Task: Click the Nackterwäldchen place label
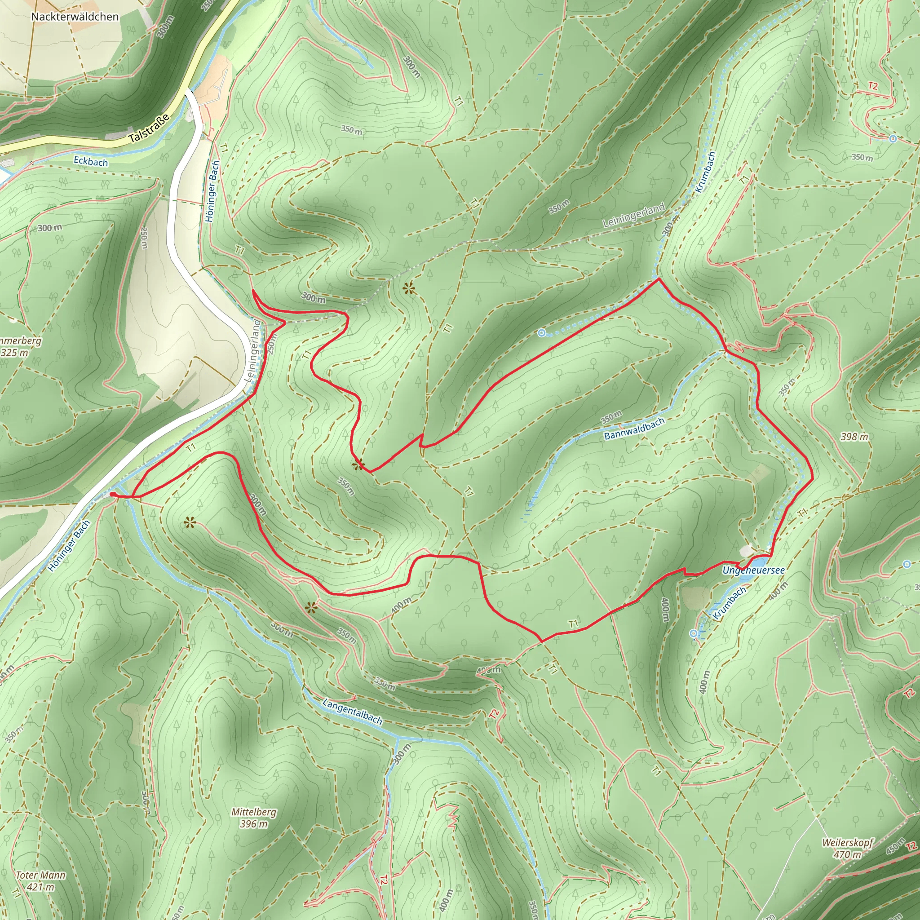75,17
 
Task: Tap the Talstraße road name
149,128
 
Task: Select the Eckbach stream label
90,162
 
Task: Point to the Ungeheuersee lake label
753,570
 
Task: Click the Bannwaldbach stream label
634,429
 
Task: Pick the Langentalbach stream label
352,712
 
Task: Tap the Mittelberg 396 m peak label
254,818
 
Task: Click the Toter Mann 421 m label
40,881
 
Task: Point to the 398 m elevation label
854,437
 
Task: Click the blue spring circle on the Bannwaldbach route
541,333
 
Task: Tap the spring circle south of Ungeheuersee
694,633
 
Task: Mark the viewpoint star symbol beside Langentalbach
311,607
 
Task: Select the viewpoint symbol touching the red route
358,465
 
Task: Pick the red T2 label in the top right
872,86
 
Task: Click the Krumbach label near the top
705,172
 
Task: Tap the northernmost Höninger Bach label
212,191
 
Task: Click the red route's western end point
111,495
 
